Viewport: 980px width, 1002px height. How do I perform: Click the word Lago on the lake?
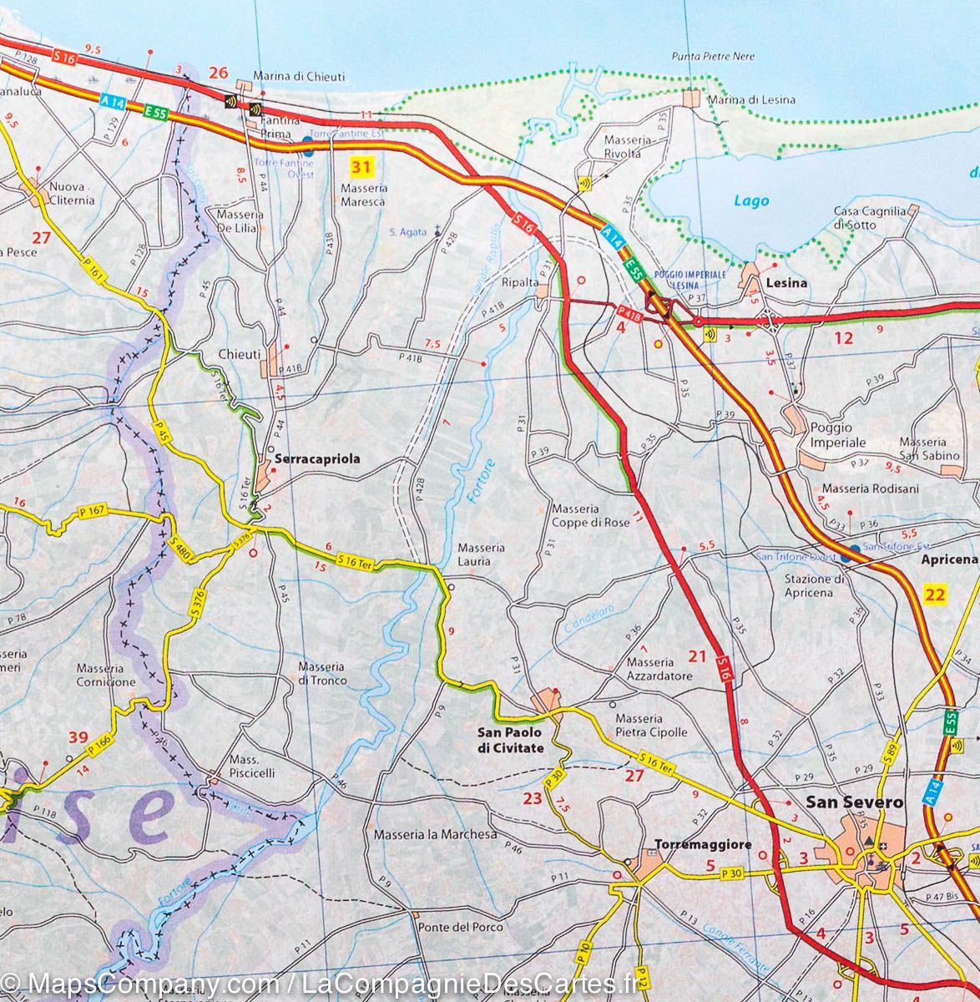750,201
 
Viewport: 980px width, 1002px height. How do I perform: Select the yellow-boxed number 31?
360,168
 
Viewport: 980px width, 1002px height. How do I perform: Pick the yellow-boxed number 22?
936,595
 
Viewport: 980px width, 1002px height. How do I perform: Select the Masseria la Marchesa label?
435,834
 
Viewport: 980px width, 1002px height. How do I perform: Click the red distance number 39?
78,736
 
